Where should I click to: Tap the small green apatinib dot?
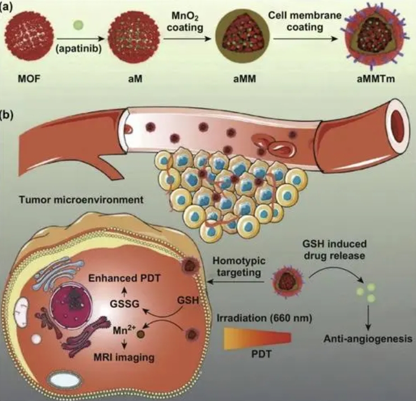click(x=78, y=25)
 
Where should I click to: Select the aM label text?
click(x=135, y=79)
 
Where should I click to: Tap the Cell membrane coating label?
click(x=305, y=21)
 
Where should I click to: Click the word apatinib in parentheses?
click(x=79, y=49)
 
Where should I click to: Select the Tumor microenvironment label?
click(x=81, y=200)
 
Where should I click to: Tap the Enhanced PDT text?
click(x=124, y=278)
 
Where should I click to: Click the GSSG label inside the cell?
click(x=125, y=304)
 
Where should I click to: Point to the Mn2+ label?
click(x=124, y=330)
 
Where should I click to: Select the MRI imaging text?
click(x=124, y=357)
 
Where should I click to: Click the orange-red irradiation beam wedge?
click(x=258, y=338)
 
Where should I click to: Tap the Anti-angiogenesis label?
click(x=368, y=339)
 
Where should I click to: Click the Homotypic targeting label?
click(x=239, y=266)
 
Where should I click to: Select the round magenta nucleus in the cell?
click(x=72, y=305)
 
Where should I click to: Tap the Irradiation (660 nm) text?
click(x=264, y=318)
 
